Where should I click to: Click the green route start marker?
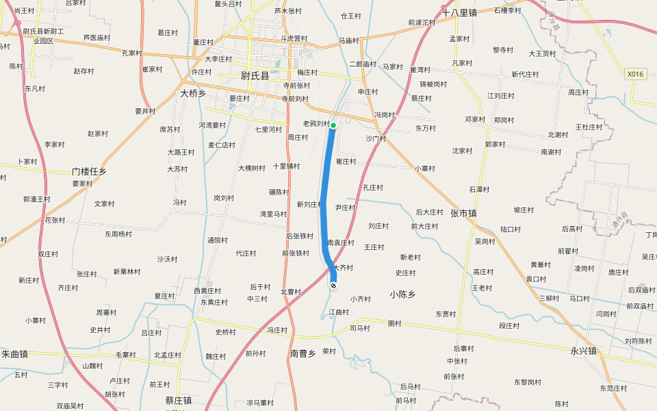point(333,125)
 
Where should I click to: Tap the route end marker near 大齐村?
point(333,285)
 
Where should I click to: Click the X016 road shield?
point(636,74)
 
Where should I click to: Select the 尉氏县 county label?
point(255,76)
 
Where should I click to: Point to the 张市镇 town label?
point(463,214)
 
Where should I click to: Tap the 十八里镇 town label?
point(459,13)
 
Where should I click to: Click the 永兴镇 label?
point(583,351)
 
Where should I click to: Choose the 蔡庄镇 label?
point(179,401)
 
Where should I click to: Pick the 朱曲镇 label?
point(14,354)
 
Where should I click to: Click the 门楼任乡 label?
point(89,172)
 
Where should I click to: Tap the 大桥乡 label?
point(193,93)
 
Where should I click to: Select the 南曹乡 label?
point(302,353)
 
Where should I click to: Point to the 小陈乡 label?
point(402,294)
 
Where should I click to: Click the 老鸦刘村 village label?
point(317,124)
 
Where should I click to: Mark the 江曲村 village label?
point(338,312)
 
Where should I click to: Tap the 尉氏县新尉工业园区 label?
point(43,36)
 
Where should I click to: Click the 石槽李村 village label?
point(507,10)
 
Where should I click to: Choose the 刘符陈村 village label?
point(638,340)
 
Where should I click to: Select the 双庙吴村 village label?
point(70,406)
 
